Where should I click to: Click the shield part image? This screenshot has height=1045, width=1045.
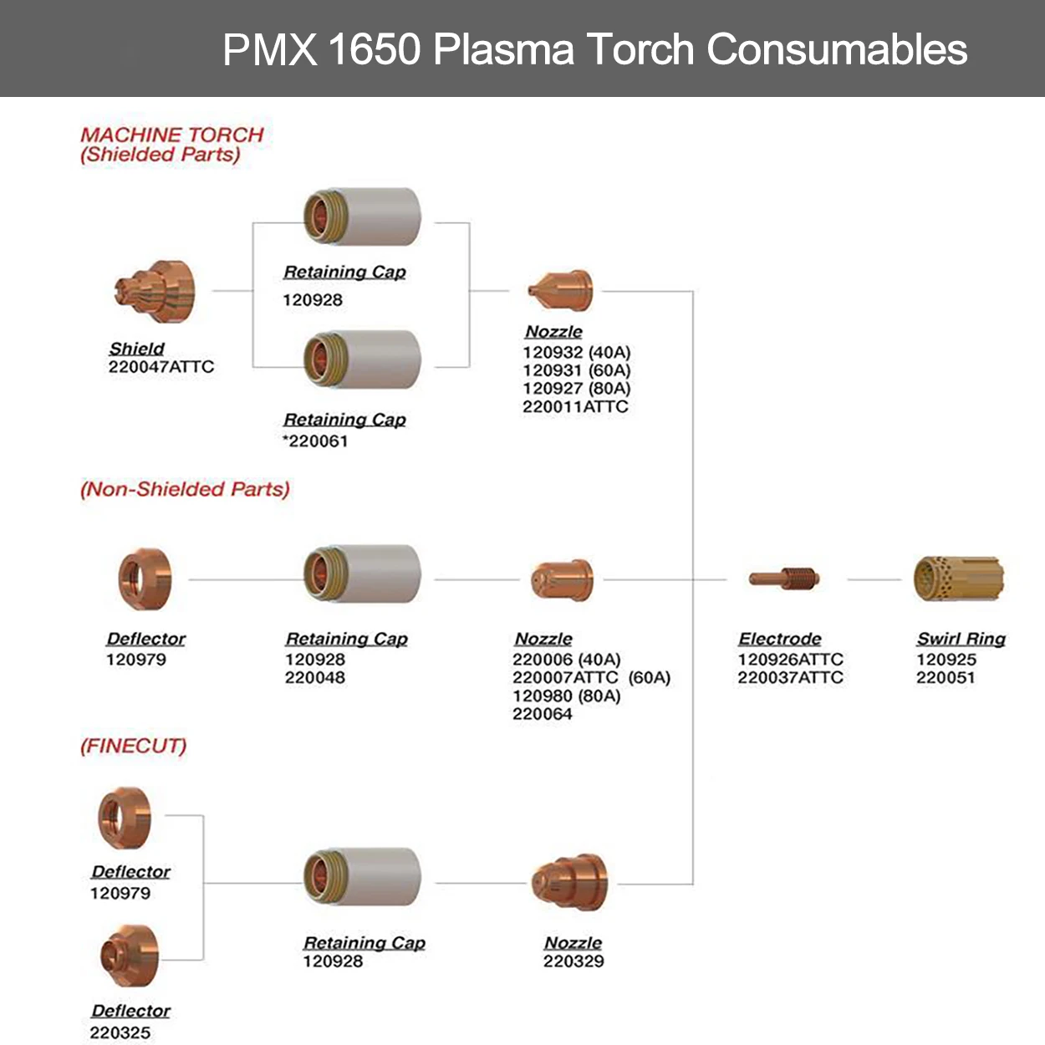[155, 292]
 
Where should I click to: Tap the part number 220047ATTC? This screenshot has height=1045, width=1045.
[161, 367]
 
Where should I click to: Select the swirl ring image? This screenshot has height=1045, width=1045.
[958, 579]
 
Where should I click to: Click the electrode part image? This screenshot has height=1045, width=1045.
[784, 578]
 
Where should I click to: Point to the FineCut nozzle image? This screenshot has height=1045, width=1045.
[570, 883]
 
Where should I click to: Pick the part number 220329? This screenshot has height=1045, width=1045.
[573, 961]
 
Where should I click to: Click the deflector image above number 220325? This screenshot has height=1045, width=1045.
[129, 956]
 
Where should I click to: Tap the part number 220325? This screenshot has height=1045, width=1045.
[120, 1033]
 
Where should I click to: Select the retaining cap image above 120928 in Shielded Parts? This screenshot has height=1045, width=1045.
[362, 217]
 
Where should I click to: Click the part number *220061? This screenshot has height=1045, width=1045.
[315, 441]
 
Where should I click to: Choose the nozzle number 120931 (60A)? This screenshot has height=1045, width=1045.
[577, 370]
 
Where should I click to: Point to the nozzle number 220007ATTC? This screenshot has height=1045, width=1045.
[566, 678]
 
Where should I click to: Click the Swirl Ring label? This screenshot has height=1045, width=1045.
[961, 640]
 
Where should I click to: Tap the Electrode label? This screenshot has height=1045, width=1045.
[780, 640]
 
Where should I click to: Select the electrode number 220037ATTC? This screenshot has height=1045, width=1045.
[790, 678]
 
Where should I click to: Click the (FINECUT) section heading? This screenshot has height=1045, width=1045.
[134, 746]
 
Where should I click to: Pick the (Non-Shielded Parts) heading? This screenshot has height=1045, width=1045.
[185, 489]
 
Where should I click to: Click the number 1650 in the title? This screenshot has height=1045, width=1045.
[374, 49]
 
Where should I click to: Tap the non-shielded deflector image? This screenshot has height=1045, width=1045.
[145, 579]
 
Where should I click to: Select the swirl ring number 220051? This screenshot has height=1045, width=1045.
[946, 678]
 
